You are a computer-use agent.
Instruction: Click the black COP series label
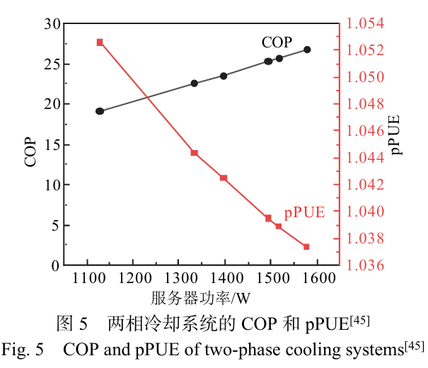point(277,42)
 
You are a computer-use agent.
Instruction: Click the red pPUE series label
point(304,212)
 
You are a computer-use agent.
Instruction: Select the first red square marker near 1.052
point(100,42)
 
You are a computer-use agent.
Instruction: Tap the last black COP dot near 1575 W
point(307,50)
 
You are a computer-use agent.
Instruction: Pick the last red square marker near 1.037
point(306,246)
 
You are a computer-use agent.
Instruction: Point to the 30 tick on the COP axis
point(52,23)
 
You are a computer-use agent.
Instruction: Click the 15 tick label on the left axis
point(52,144)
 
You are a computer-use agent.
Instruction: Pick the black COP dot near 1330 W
point(195,84)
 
